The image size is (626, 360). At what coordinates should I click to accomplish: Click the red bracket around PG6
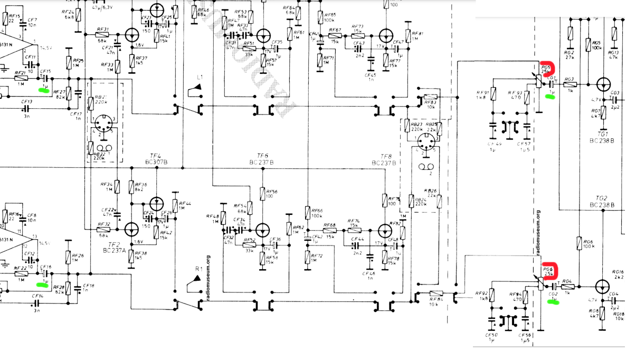(x=549, y=269)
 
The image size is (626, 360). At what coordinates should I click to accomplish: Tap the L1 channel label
(x=200, y=78)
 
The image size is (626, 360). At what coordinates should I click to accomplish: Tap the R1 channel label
(x=199, y=269)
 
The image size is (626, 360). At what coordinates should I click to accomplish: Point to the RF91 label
(x=482, y=91)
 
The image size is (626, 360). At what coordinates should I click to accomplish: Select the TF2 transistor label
(x=114, y=244)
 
